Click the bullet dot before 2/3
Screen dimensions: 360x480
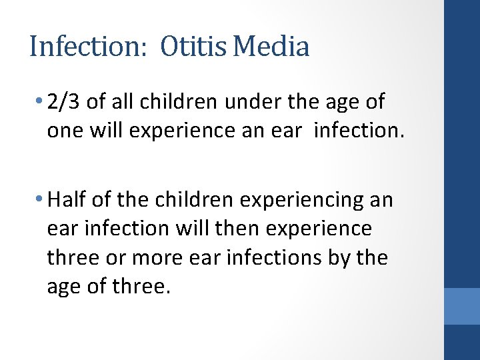[41, 102]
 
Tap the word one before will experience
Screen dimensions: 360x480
[65, 130]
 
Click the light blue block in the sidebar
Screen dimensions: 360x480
[462, 306]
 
